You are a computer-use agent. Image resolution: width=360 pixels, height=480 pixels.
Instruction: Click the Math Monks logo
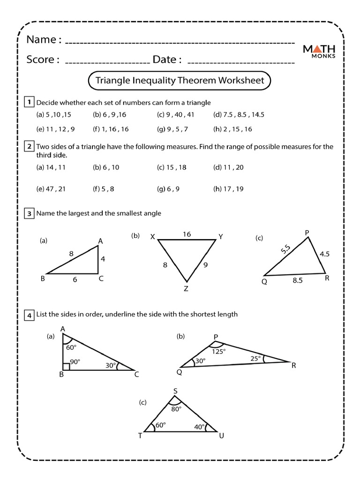[319, 51]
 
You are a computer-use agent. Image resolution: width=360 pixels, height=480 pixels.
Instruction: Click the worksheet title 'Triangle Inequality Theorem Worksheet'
[180, 80]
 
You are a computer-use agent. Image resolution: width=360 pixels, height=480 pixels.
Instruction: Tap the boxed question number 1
[29, 102]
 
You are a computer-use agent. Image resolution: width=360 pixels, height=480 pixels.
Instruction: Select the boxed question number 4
[29, 315]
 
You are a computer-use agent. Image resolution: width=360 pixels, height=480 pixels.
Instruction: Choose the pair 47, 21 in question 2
[51, 189]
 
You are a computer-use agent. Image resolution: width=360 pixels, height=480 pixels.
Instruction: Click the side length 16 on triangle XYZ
[187, 234]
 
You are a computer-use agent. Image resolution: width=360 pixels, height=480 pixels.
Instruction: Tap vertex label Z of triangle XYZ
[186, 289]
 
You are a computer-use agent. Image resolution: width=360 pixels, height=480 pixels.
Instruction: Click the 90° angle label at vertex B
[75, 362]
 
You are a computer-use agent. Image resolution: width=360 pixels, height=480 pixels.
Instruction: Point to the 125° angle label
[219, 351]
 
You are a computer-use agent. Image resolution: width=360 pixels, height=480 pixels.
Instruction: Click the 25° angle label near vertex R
[255, 359]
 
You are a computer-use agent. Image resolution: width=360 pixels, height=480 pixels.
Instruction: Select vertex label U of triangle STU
[221, 436]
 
